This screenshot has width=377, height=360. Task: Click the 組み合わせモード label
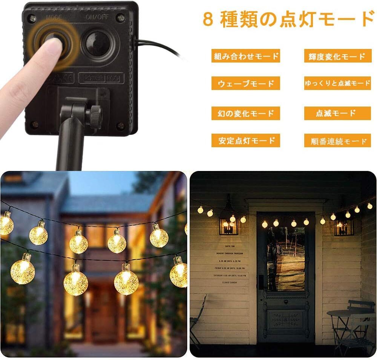click(x=245, y=56)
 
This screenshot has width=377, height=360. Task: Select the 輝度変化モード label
click(x=335, y=56)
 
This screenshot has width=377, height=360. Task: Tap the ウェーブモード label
click(x=245, y=83)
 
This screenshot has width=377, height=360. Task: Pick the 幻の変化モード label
click(x=245, y=113)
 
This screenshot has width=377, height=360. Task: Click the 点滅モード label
click(x=335, y=113)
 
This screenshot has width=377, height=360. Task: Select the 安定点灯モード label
click(x=245, y=140)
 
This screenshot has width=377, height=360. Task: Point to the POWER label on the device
click(x=93, y=78)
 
